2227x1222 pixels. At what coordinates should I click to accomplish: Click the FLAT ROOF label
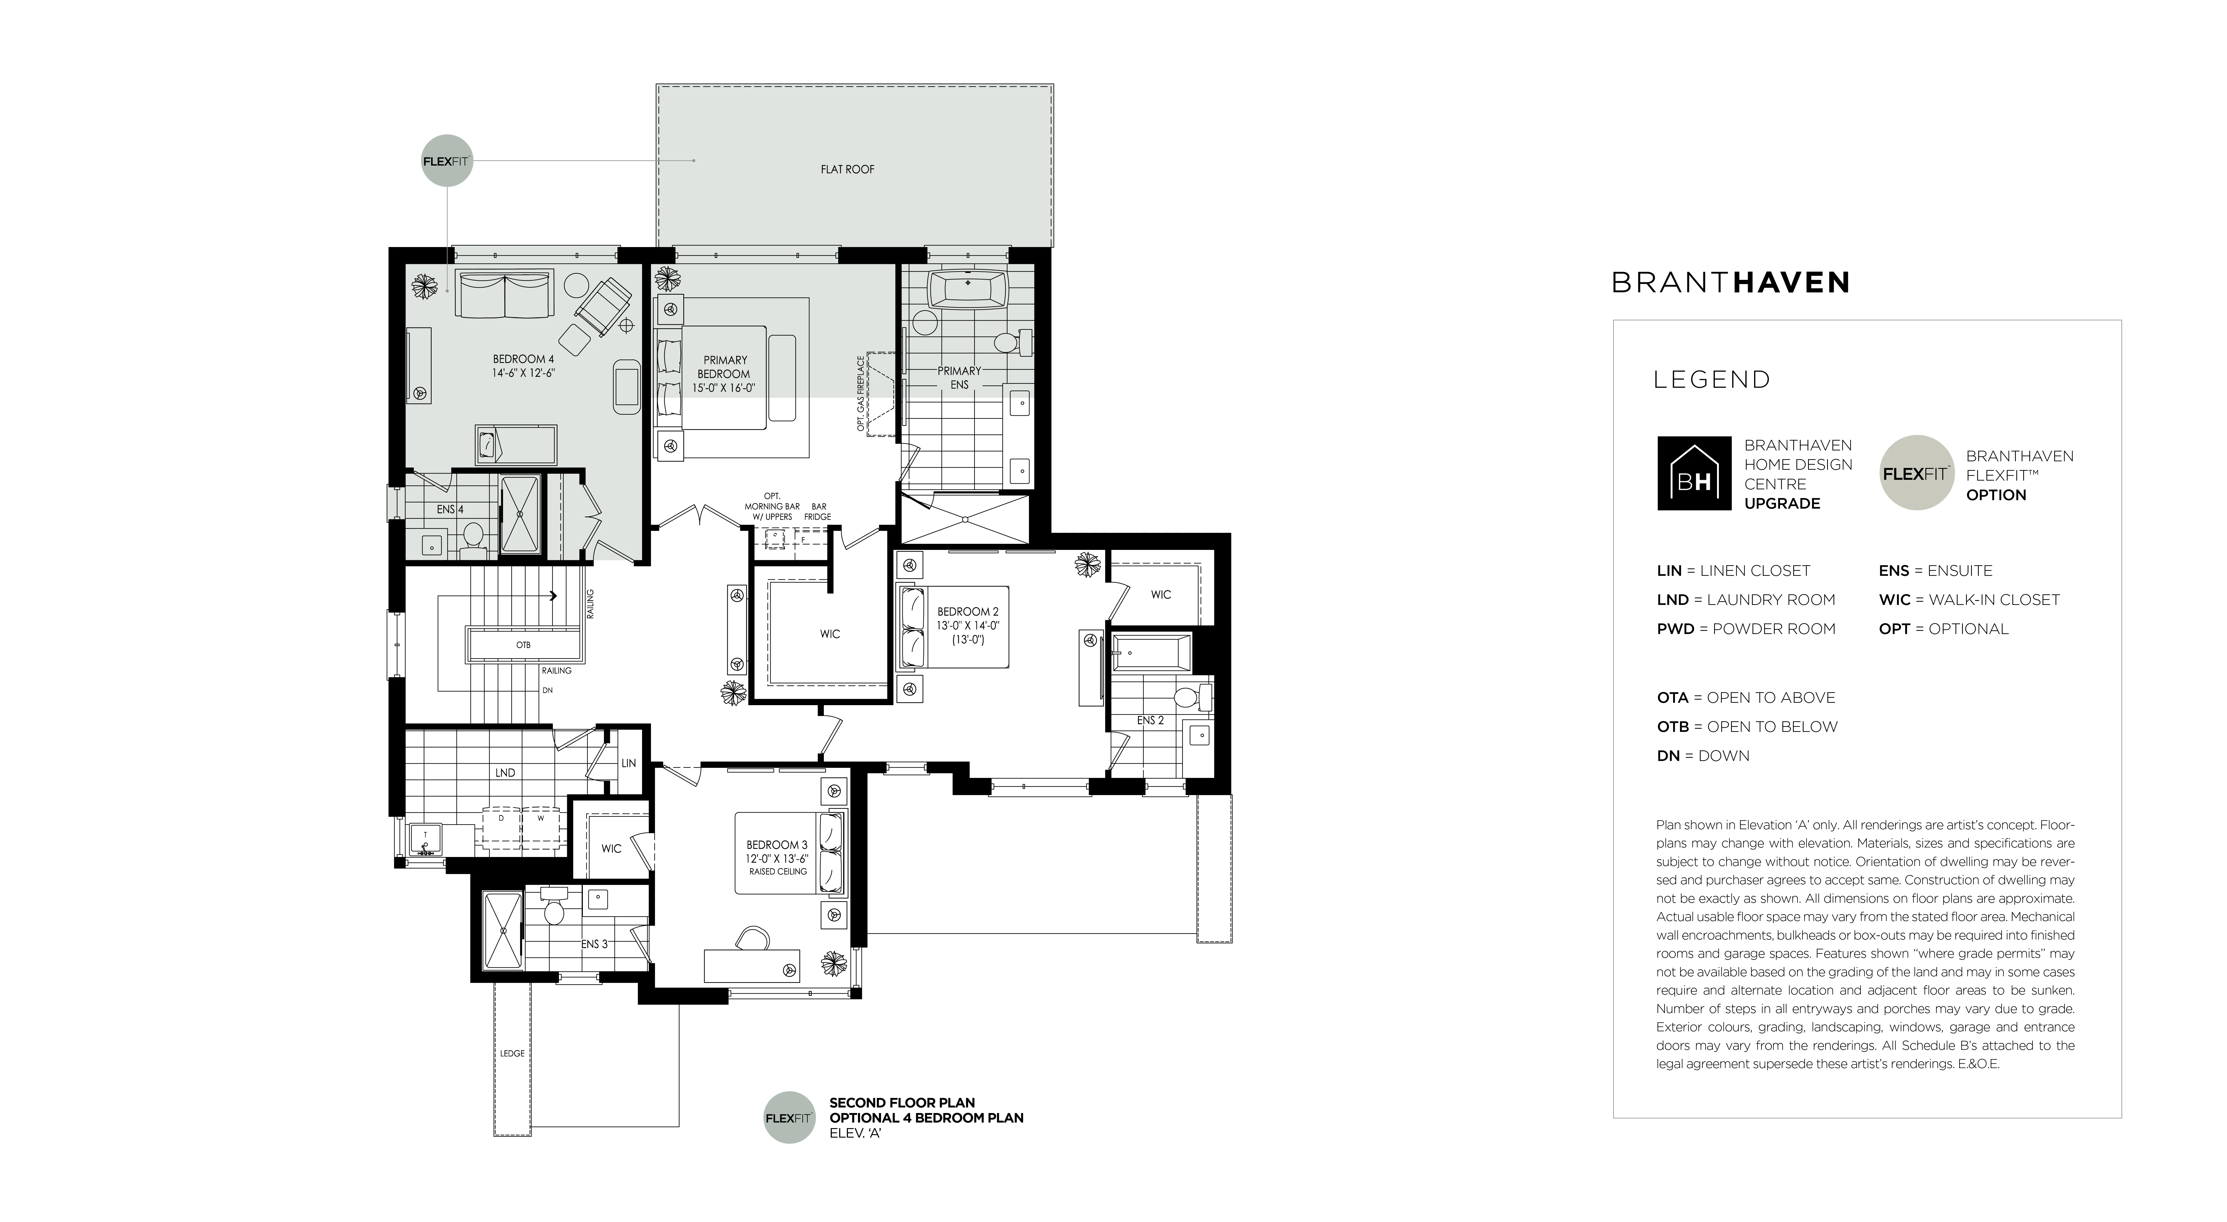tap(847, 169)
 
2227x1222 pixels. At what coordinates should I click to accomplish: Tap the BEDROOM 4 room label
tap(523, 359)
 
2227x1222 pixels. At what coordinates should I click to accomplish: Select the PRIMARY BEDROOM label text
tap(724, 367)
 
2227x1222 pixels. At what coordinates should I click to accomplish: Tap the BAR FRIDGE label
tap(818, 512)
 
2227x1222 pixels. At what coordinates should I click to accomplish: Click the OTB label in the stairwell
tap(523, 645)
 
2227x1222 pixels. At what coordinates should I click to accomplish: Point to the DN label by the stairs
tap(547, 691)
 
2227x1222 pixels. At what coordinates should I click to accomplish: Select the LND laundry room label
tap(506, 773)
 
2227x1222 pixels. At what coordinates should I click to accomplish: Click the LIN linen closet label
tap(629, 763)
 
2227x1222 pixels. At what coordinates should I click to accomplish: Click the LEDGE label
tap(512, 1054)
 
